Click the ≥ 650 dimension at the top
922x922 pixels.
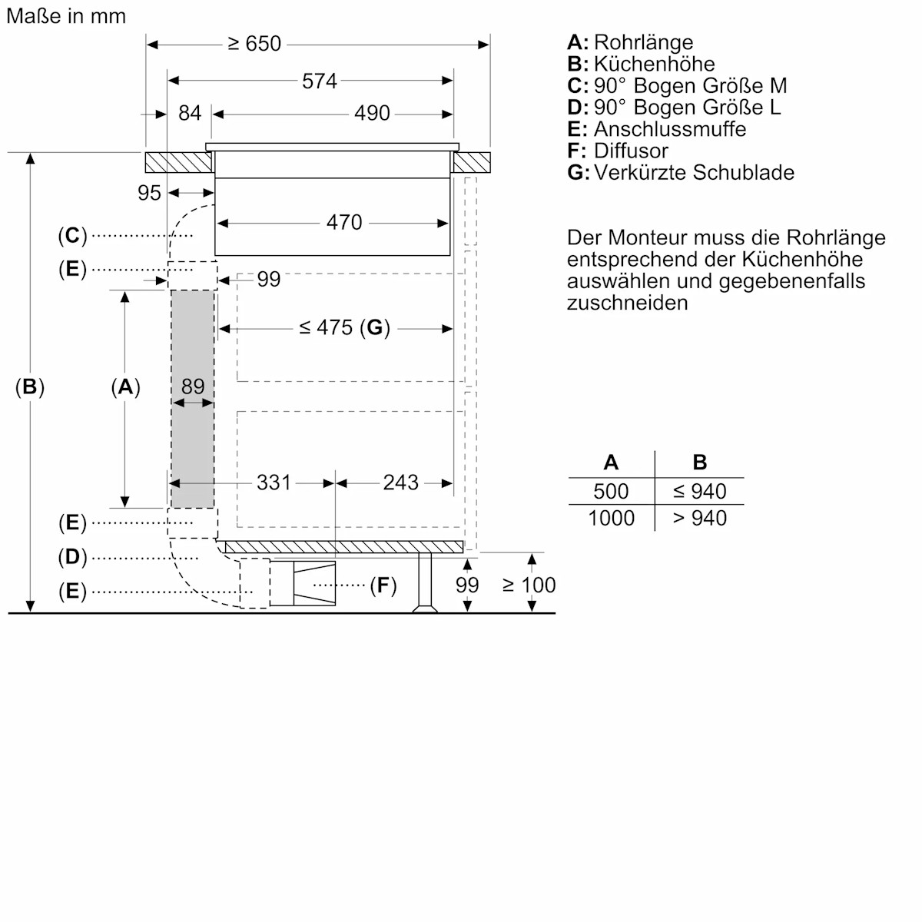tap(254, 44)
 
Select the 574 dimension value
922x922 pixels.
tap(319, 81)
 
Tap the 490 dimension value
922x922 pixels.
tap(372, 114)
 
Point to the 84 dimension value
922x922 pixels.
tap(189, 114)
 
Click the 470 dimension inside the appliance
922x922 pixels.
tap(343, 223)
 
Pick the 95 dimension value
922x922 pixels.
tap(149, 193)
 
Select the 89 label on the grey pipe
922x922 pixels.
tap(193, 386)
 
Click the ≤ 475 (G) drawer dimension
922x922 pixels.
tap(344, 328)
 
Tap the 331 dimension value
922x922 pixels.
tap(274, 483)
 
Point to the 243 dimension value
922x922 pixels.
tap(400, 483)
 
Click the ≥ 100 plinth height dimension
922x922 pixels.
tap(529, 585)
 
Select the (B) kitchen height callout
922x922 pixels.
tap(30, 387)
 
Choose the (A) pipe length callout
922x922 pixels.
tap(125, 387)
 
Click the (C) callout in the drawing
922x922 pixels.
tap(72, 235)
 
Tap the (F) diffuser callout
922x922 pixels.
tap(383, 586)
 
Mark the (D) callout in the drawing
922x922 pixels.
tap(72, 557)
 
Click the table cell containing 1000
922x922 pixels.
tap(611, 519)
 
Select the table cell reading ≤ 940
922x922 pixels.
tap(699, 492)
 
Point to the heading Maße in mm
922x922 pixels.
tap(66, 16)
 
